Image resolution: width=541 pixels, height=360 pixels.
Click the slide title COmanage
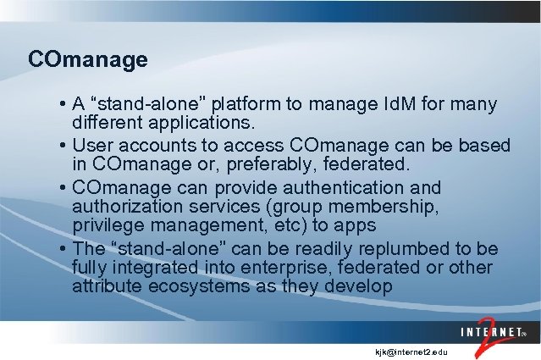pyautogui.click(x=87, y=60)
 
